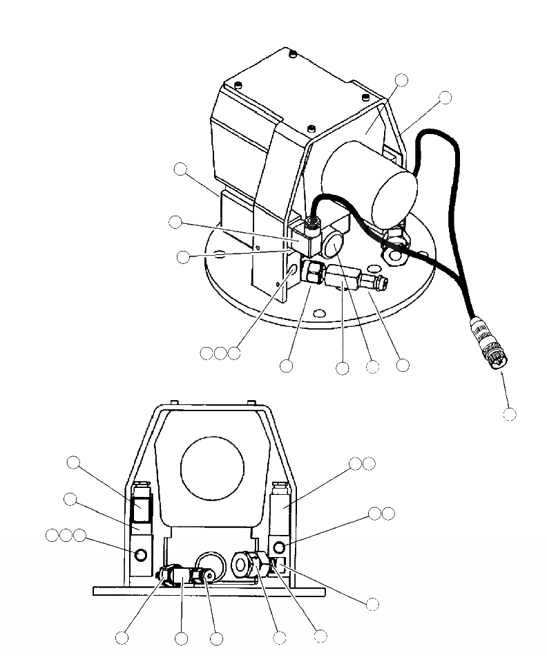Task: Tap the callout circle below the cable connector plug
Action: point(510,413)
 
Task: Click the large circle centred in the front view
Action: point(212,469)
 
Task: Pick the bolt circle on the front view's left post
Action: point(141,555)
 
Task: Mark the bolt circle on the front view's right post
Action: point(280,548)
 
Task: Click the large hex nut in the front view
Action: point(246,565)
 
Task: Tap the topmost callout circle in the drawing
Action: point(401,80)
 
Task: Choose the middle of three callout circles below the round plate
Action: point(220,354)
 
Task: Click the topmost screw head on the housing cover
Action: point(294,53)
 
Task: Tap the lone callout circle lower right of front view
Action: point(372,603)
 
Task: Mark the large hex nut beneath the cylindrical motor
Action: point(394,256)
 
